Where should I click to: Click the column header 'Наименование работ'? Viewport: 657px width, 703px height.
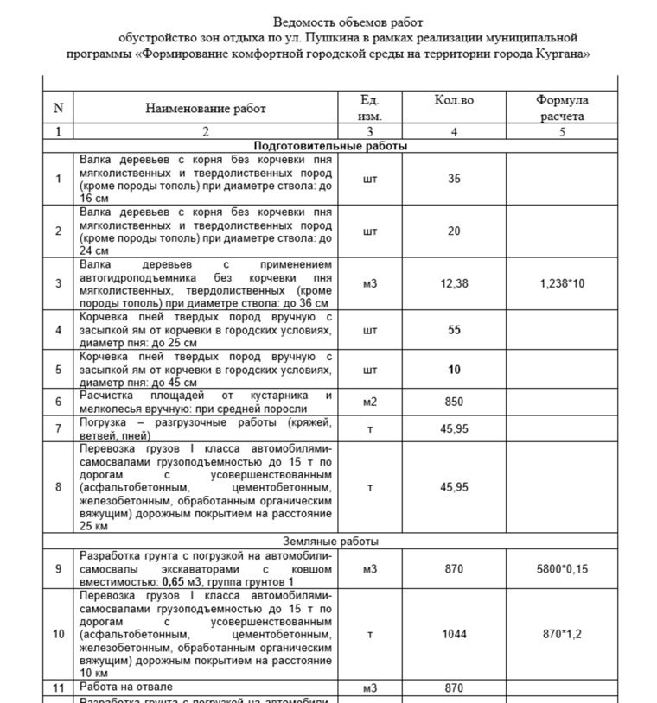206,109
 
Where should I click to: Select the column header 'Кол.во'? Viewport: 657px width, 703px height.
454,101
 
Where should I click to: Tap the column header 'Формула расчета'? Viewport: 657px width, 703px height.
562,108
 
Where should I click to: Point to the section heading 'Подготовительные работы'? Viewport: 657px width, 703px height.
330,146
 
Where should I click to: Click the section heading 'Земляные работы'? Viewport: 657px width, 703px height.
330,541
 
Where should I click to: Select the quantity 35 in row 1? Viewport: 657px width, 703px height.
454,179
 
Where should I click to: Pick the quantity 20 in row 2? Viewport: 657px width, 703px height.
454,231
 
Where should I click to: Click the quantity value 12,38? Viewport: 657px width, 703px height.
454,282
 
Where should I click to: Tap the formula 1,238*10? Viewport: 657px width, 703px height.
562,282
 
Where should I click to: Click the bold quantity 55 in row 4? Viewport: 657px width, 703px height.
454,330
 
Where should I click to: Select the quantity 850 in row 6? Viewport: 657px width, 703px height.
454,402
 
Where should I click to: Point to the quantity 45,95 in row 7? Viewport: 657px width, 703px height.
454,428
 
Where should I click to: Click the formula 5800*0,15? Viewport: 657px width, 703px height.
562,569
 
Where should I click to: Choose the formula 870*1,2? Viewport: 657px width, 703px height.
562,634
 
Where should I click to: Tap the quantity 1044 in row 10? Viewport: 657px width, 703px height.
454,634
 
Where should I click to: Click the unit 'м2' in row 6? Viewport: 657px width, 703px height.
370,402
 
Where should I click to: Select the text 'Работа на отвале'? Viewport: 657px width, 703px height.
126,687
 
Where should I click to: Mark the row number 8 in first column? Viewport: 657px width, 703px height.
58,487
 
